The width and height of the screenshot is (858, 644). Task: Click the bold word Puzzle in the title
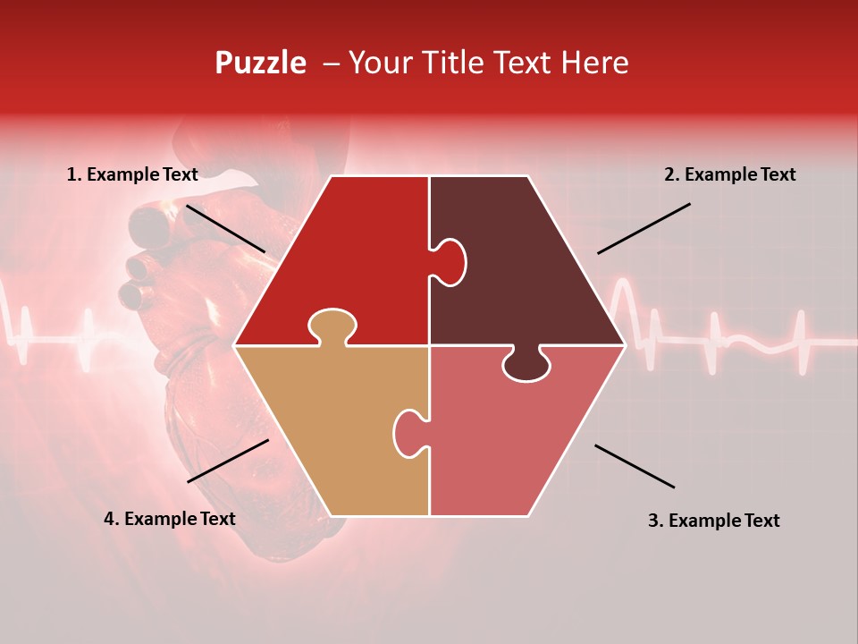pos(260,63)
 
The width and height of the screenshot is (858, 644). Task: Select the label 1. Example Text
pos(132,175)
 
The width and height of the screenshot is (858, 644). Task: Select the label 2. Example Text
pos(729,175)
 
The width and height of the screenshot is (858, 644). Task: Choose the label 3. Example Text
pos(713,521)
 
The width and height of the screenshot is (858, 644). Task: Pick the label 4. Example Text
pos(170,519)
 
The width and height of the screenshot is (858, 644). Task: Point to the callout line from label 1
pos(225,228)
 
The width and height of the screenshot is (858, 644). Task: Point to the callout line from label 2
pos(643,228)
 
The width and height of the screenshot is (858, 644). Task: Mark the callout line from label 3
pos(635,466)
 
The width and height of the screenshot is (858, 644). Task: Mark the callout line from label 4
pos(228,461)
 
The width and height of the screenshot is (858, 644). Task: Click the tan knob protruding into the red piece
pos(332,326)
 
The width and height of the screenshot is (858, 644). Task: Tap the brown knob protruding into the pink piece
pos(526,365)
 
